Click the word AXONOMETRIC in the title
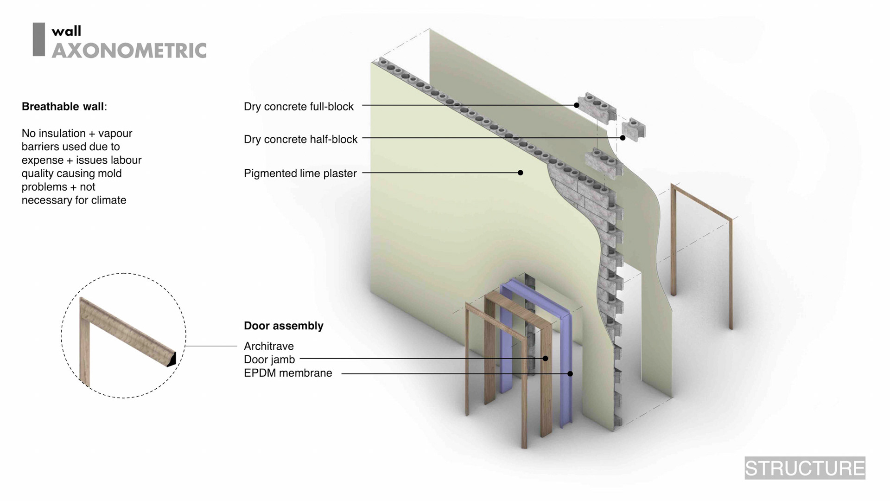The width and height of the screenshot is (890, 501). [129, 51]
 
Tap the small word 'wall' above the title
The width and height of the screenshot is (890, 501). [66, 31]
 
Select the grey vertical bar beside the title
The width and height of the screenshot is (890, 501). [38, 39]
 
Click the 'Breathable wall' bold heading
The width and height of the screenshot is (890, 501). [63, 107]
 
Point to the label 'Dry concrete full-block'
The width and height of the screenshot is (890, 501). [299, 107]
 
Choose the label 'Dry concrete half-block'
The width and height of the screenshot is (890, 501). [300, 139]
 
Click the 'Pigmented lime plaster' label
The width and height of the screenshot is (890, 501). [300, 173]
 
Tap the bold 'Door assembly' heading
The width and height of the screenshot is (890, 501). [283, 326]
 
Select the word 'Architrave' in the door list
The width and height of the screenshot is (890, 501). [268, 346]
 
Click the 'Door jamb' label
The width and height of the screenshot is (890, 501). [269, 360]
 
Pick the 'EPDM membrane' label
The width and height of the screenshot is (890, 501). [288, 373]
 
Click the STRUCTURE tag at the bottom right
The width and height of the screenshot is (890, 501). [805, 468]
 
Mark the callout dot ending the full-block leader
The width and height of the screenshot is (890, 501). [577, 105]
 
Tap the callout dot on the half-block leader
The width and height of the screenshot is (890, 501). [623, 138]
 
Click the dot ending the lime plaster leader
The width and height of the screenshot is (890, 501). [521, 173]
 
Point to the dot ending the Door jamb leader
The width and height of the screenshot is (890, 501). [546, 358]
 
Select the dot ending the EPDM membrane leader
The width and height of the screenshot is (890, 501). [570, 373]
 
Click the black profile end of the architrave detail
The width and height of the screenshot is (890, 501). [172, 360]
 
